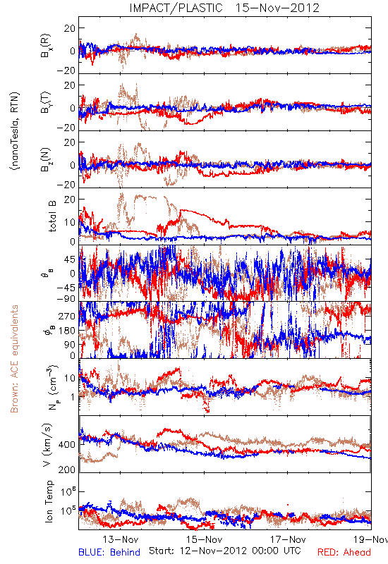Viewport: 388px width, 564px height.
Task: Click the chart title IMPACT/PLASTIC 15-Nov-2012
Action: [x=224, y=8]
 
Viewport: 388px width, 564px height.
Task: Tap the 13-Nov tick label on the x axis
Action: [x=121, y=539]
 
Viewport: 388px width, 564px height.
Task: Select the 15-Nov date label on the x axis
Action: [x=205, y=539]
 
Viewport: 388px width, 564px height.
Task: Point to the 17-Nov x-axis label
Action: [x=288, y=539]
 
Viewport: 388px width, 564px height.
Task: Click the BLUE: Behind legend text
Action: [x=109, y=552]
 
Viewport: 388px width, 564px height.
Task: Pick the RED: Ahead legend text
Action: [x=344, y=552]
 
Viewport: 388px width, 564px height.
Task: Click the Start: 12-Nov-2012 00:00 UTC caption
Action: [x=224, y=551]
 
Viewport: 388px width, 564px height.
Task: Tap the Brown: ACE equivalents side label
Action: [x=14, y=359]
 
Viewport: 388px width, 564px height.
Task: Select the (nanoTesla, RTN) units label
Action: [x=15, y=130]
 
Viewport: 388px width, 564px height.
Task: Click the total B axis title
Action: [x=51, y=216]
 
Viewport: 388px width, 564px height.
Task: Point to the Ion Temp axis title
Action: [x=49, y=501]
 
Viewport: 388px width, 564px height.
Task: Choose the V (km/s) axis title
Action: [x=47, y=445]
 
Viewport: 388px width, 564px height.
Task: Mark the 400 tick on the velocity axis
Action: [x=67, y=445]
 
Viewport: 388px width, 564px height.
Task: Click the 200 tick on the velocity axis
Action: [x=67, y=470]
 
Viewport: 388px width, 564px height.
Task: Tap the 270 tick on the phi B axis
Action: [x=67, y=317]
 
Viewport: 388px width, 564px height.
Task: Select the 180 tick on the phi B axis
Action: [x=67, y=331]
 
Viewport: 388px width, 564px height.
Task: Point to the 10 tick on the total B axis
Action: [x=70, y=223]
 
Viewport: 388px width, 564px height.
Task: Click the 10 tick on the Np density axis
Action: [x=70, y=378]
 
